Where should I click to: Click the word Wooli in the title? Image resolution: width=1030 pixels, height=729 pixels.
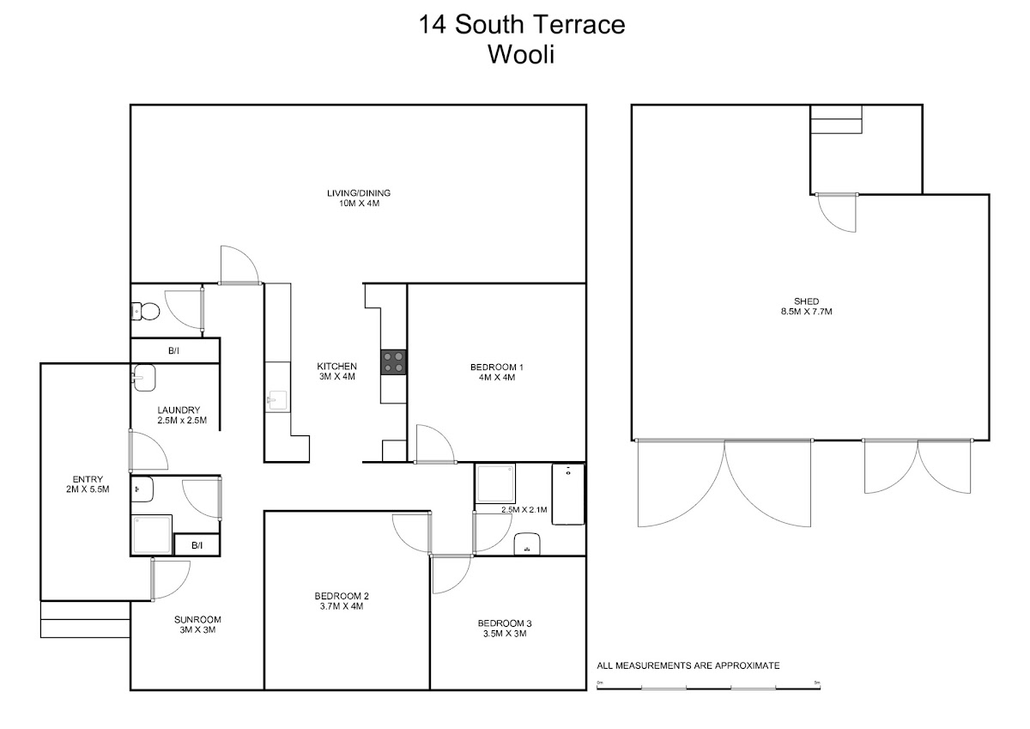(521, 54)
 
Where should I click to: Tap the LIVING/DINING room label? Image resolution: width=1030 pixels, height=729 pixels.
(359, 193)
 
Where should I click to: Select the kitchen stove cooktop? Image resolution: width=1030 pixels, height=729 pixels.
(394, 362)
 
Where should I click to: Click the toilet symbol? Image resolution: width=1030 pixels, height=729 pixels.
(145, 312)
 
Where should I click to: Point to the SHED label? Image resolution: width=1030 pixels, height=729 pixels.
(807, 301)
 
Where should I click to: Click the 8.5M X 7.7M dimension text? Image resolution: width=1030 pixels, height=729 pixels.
(807, 312)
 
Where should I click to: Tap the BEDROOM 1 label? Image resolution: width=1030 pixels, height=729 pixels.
(497, 367)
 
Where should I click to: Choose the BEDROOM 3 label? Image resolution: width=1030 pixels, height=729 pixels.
(505, 623)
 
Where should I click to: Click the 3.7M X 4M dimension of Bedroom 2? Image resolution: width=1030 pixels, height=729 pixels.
(342, 606)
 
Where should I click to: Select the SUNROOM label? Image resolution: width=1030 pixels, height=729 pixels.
(197, 620)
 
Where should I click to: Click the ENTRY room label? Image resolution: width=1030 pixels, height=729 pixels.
(88, 479)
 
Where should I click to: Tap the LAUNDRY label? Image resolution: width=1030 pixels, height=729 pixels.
(179, 410)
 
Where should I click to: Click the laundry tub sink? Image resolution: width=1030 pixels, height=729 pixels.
(144, 378)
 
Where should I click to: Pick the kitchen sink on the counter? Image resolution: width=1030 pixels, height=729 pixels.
(277, 401)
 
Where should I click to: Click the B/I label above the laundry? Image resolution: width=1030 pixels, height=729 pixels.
(173, 351)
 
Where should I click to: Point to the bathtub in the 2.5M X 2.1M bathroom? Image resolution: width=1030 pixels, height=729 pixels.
(568, 494)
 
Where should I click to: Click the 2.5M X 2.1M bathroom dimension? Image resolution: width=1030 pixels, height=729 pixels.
(524, 509)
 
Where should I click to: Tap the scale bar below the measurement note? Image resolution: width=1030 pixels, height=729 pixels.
(709, 688)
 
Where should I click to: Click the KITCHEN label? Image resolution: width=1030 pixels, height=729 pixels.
(337, 366)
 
